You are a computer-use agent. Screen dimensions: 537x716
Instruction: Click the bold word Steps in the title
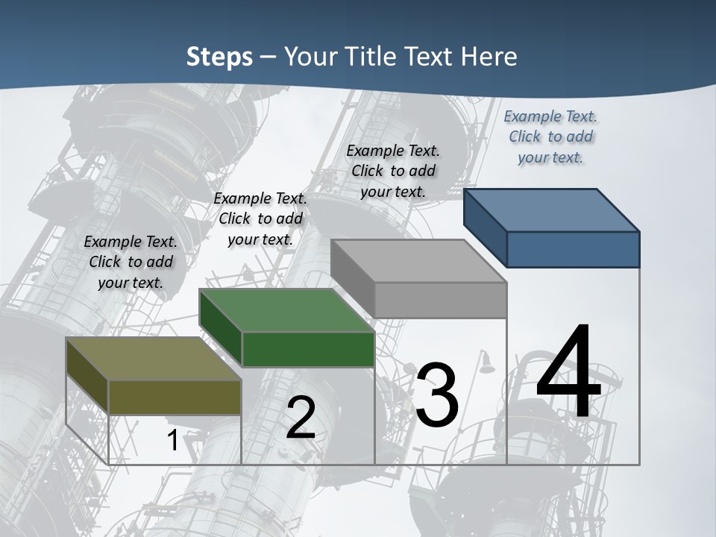pyautogui.click(x=219, y=57)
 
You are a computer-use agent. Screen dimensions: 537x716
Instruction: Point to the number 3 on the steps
pyautogui.click(x=437, y=395)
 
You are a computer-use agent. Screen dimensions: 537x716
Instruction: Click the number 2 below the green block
pyautogui.click(x=301, y=418)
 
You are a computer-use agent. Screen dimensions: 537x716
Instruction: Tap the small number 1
pyautogui.click(x=172, y=441)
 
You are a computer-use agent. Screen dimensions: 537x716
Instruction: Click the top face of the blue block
pyautogui.click(x=552, y=210)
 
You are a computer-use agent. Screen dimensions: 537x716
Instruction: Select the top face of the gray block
pyautogui.click(x=418, y=261)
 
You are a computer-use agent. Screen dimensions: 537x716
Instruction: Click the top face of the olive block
pyautogui.click(x=154, y=359)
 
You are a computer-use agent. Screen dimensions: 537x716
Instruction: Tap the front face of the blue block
pyautogui.click(x=573, y=249)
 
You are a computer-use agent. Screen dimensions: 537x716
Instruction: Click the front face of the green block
pyautogui.click(x=308, y=349)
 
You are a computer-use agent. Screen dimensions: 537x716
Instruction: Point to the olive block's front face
pyautogui.click(x=175, y=398)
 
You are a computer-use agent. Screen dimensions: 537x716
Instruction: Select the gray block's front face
pyautogui.click(x=440, y=300)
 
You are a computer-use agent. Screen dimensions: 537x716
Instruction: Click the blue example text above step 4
pyautogui.click(x=550, y=136)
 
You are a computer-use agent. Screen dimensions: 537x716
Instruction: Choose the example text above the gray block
pyautogui.click(x=393, y=171)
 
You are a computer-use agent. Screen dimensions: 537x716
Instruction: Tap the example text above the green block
pyautogui.click(x=260, y=219)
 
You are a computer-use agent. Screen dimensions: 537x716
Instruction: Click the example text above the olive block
pyautogui.click(x=131, y=262)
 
